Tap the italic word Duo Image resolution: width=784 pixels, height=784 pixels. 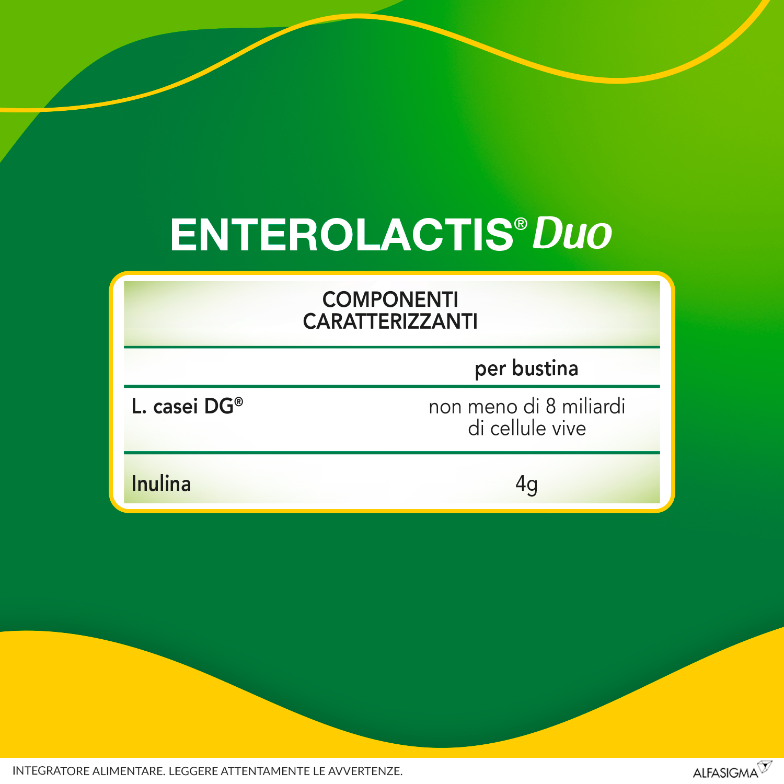(572, 234)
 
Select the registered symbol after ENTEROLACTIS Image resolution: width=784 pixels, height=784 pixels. (521, 224)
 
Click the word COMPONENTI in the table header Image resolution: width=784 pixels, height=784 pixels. (390, 300)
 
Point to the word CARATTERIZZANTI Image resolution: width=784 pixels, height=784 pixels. (390, 321)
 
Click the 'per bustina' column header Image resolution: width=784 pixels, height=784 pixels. (526, 368)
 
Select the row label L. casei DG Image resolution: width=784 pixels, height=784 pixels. (182, 407)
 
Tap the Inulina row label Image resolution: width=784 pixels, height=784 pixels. (161, 484)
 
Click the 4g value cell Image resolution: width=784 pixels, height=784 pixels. (526, 484)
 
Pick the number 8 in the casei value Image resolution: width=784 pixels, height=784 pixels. (550, 407)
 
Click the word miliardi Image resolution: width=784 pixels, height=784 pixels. (594, 407)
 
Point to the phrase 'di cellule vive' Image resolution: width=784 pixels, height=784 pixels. (527, 429)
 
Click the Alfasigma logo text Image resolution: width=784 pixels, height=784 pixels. (725, 773)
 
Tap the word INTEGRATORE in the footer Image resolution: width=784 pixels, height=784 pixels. (51, 771)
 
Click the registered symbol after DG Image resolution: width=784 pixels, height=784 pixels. (239, 401)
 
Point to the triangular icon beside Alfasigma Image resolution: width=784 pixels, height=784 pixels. (765, 767)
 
